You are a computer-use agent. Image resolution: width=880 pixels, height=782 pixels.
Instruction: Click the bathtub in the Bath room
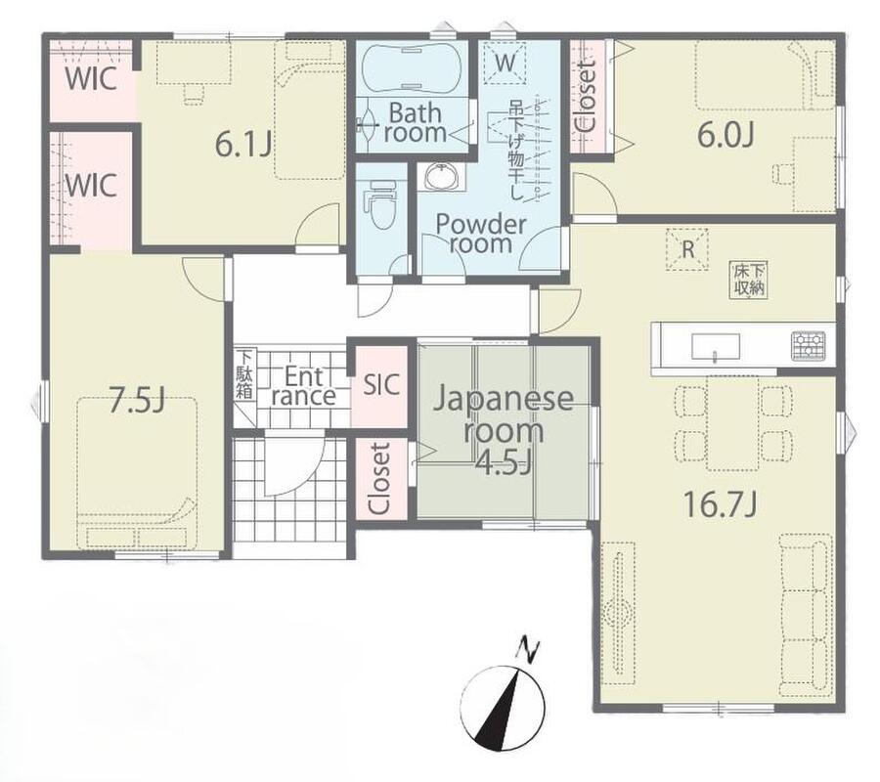click(412, 66)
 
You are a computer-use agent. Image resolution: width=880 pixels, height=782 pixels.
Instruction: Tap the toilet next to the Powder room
click(381, 204)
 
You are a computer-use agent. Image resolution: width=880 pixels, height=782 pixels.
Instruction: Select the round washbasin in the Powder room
click(445, 177)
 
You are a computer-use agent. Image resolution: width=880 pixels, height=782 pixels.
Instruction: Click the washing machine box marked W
click(505, 63)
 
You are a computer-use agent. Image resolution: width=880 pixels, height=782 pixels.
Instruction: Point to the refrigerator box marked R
click(687, 249)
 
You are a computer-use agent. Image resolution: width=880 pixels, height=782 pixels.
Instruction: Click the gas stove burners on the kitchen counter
click(809, 346)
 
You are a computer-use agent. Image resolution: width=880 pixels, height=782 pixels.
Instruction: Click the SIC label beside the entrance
click(381, 385)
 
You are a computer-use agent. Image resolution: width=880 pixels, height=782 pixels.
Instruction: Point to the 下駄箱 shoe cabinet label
click(243, 374)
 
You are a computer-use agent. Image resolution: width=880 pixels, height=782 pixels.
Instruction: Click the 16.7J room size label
click(720, 504)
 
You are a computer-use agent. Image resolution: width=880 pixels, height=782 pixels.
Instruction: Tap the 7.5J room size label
click(137, 400)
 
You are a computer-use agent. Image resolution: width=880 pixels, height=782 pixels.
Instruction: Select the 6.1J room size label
click(243, 146)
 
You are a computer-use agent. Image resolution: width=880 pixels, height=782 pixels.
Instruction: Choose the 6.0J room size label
click(726, 135)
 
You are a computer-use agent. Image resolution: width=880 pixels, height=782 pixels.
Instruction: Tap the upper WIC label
click(91, 78)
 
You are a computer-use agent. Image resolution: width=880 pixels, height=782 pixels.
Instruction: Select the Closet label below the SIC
click(379, 479)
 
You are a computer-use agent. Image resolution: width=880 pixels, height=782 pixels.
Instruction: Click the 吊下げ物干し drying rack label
click(515, 151)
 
